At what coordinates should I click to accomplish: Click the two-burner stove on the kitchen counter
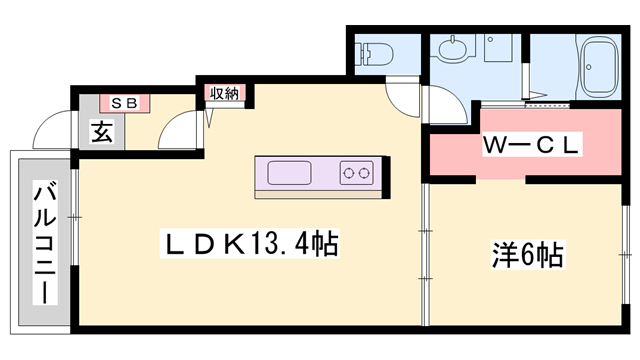click(x=355, y=172)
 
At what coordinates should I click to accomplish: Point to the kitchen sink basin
click(x=292, y=172)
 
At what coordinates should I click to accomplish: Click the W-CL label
click(x=531, y=146)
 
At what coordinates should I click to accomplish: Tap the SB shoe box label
click(x=125, y=102)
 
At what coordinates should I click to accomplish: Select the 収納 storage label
click(x=224, y=94)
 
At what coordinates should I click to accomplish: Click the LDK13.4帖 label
click(x=239, y=243)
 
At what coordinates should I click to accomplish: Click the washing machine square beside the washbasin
click(x=497, y=50)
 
